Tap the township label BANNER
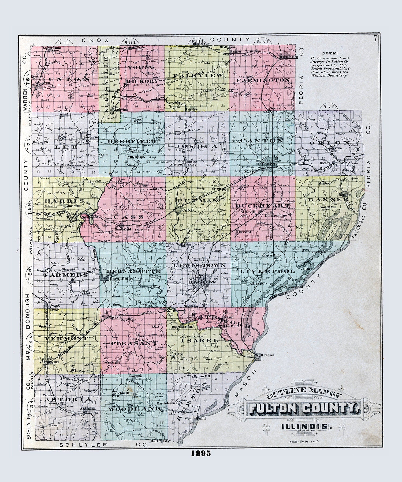[328, 199]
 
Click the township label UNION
[65, 79]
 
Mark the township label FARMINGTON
[263, 80]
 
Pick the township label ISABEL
[200, 340]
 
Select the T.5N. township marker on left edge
[30, 273]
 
